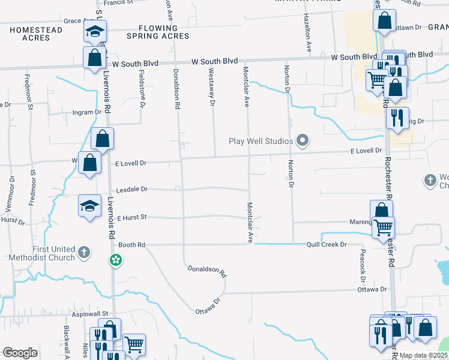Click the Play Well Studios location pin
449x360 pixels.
(303, 141)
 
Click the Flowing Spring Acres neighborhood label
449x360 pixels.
(158, 32)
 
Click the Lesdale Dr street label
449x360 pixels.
(130, 188)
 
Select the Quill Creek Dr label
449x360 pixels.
(327, 244)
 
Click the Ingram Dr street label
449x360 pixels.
(87, 112)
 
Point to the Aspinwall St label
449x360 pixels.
(89, 314)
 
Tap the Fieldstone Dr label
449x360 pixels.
(143, 90)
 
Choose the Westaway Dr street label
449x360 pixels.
(211, 86)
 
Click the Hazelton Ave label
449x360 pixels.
(307, 31)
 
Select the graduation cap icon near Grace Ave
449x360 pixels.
(95, 31)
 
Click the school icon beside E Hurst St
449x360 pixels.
(89, 206)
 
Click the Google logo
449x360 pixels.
(20, 353)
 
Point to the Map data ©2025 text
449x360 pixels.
(424, 355)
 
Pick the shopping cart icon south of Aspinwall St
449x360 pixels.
(134, 344)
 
